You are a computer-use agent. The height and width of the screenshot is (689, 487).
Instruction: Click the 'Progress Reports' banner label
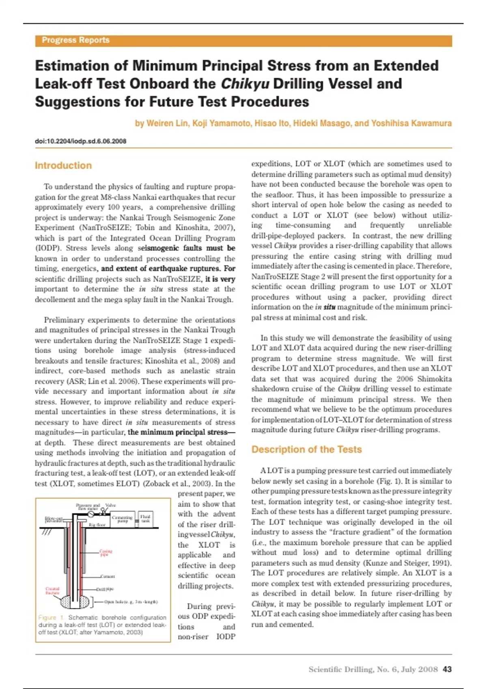tap(75, 40)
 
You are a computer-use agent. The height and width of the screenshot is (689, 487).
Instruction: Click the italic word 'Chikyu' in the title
tap(245, 84)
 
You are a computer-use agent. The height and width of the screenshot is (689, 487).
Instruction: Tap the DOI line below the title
tap(80, 141)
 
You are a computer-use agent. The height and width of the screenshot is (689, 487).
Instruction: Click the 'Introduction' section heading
tap(63, 165)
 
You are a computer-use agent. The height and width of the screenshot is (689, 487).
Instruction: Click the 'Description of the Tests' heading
tap(306, 449)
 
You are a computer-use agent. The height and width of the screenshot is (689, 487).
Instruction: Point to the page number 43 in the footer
tap(447, 670)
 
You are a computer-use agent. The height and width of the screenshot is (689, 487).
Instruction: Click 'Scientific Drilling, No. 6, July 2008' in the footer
tap(373, 670)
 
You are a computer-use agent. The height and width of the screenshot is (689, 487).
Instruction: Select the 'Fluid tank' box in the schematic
tap(145, 518)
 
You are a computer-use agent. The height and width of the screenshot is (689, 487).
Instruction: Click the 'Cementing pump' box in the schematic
tap(122, 519)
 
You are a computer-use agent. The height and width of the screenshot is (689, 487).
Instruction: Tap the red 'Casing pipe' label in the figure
tap(106, 552)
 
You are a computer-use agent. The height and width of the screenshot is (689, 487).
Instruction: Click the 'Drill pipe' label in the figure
tap(105, 589)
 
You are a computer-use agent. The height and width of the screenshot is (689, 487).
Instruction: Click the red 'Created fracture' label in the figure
tap(52, 591)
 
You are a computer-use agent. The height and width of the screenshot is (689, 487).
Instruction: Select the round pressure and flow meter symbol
tap(91, 514)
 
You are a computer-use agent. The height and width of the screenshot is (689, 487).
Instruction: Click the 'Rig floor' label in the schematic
tap(97, 525)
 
